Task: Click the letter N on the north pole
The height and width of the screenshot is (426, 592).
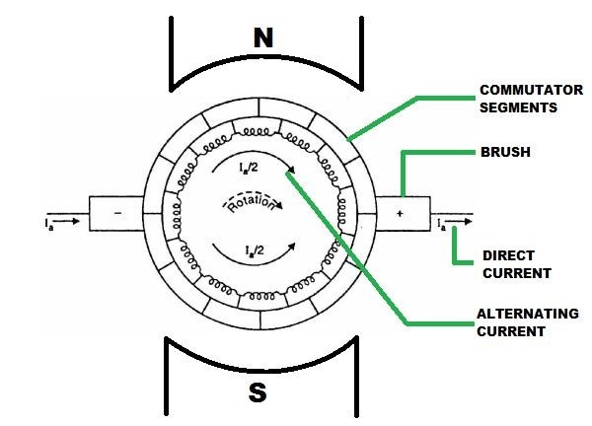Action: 262,39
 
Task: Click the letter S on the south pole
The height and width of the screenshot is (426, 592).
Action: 259,392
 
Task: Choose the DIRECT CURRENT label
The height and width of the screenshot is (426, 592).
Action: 516,263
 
